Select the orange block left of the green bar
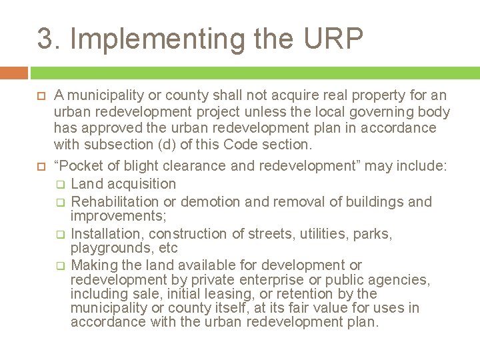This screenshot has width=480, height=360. (14, 73)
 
